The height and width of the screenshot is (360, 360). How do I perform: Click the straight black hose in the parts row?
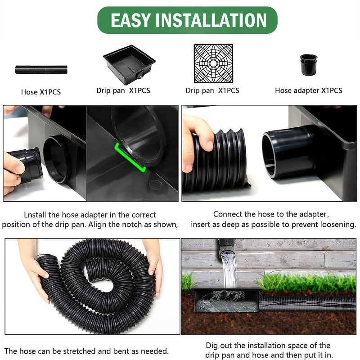pyautogui.click(x=41, y=70)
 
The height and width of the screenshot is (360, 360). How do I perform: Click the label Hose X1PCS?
pyautogui.click(x=41, y=92)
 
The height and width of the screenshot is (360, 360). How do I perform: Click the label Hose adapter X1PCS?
pyautogui.click(x=308, y=90)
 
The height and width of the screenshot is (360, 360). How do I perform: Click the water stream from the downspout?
pyautogui.click(x=229, y=270)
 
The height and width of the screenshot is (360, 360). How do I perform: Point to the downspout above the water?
pyautogui.click(x=226, y=246)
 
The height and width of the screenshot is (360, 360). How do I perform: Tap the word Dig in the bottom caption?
pyautogui.click(x=213, y=346)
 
